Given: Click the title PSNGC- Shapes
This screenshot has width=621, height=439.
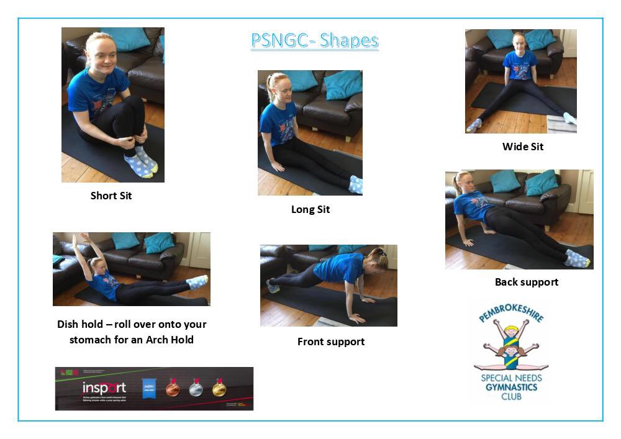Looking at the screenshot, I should click(314, 41).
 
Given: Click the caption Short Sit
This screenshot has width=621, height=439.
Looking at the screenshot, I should click(111, 196).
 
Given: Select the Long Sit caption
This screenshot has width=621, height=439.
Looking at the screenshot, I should click(310, 209).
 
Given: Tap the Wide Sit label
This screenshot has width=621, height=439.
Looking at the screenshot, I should click(523, 147).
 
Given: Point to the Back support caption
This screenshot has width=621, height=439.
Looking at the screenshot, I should click(526, 282).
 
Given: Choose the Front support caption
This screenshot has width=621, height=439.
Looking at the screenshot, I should click(331, 342).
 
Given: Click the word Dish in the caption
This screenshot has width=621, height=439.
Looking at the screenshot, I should click(70, 325).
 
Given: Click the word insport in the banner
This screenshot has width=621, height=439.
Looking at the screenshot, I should click(104, 388).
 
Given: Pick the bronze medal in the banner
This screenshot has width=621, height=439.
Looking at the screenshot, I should click(173, 388).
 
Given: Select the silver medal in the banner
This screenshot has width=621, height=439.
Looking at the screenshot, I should click(196, 388).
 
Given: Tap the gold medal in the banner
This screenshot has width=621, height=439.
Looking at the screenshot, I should click(219, 388).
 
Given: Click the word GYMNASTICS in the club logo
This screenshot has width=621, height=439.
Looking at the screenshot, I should click(510, 387).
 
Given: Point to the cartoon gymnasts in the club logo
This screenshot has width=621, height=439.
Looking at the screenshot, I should click(510, 345).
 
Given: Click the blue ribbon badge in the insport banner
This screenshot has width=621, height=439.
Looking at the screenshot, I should click(148, 387).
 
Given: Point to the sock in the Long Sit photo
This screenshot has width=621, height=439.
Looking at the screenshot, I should click(356, 184).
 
